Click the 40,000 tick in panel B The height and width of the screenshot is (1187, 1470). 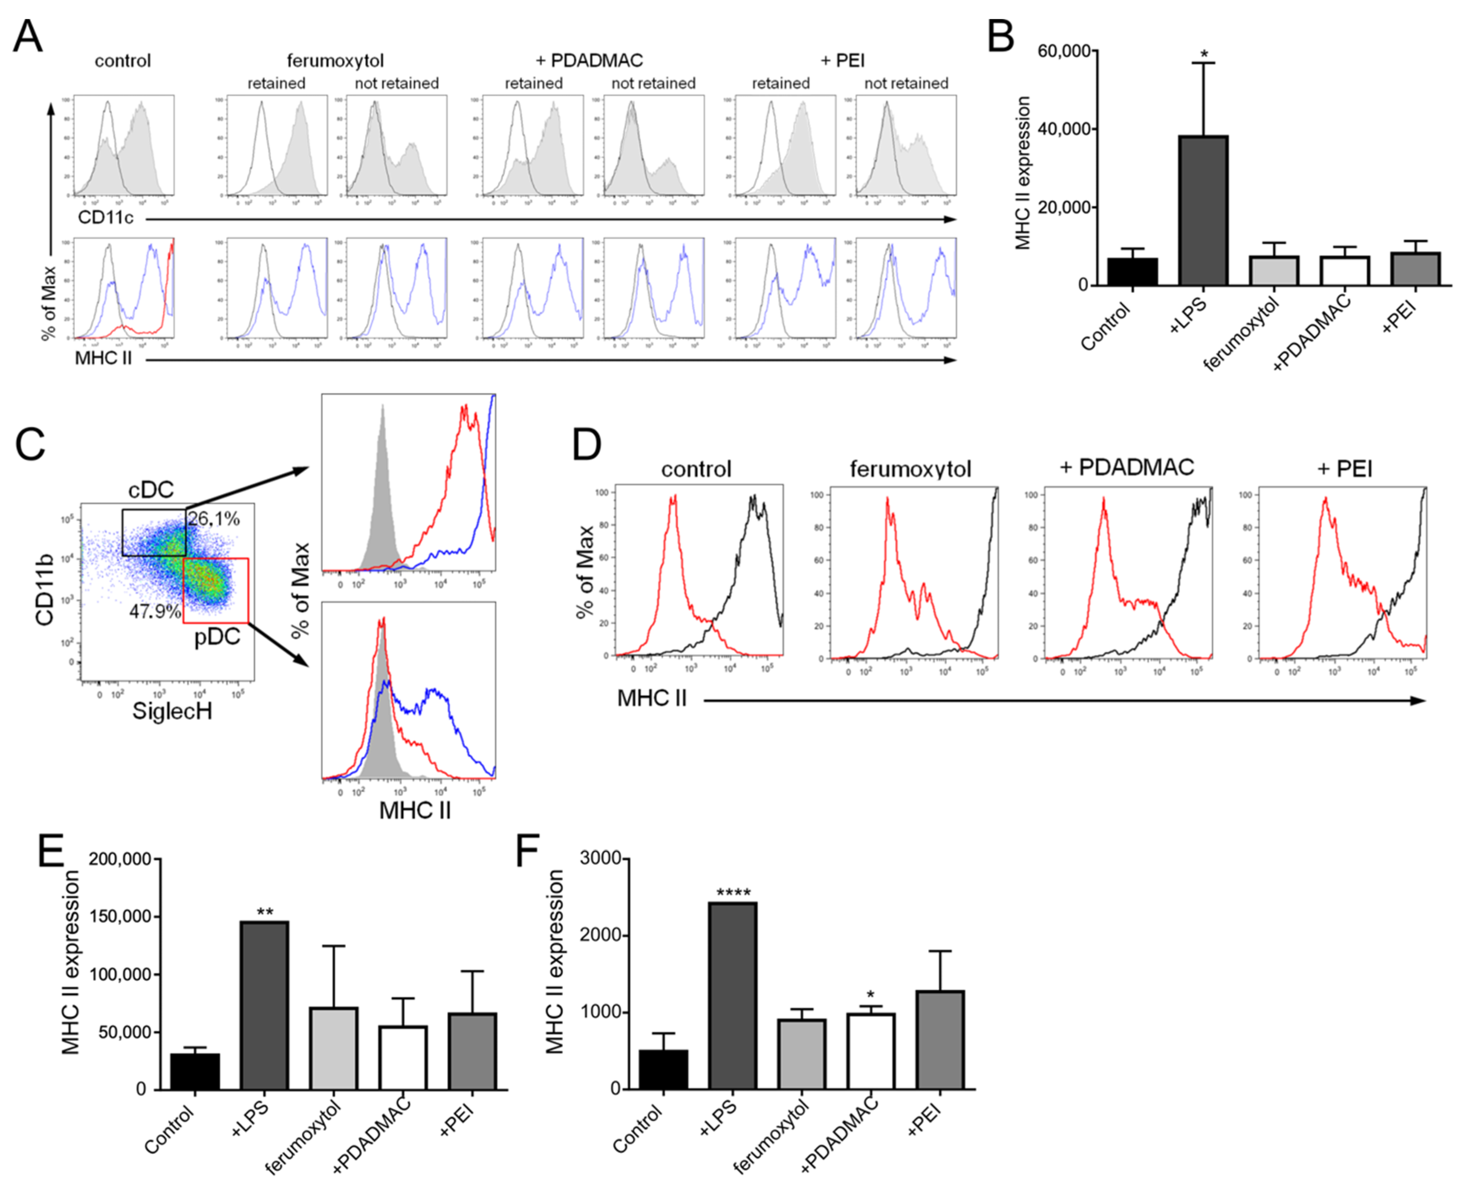click(1062, 129)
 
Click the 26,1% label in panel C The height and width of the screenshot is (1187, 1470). click(214, 519)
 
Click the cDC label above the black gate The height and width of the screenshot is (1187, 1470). click(151, 490)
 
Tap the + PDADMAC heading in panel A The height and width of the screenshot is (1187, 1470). click(589, 61)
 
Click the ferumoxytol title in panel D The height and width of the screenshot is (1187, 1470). click(910, 469)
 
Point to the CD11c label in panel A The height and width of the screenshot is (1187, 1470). click(105, 218)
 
